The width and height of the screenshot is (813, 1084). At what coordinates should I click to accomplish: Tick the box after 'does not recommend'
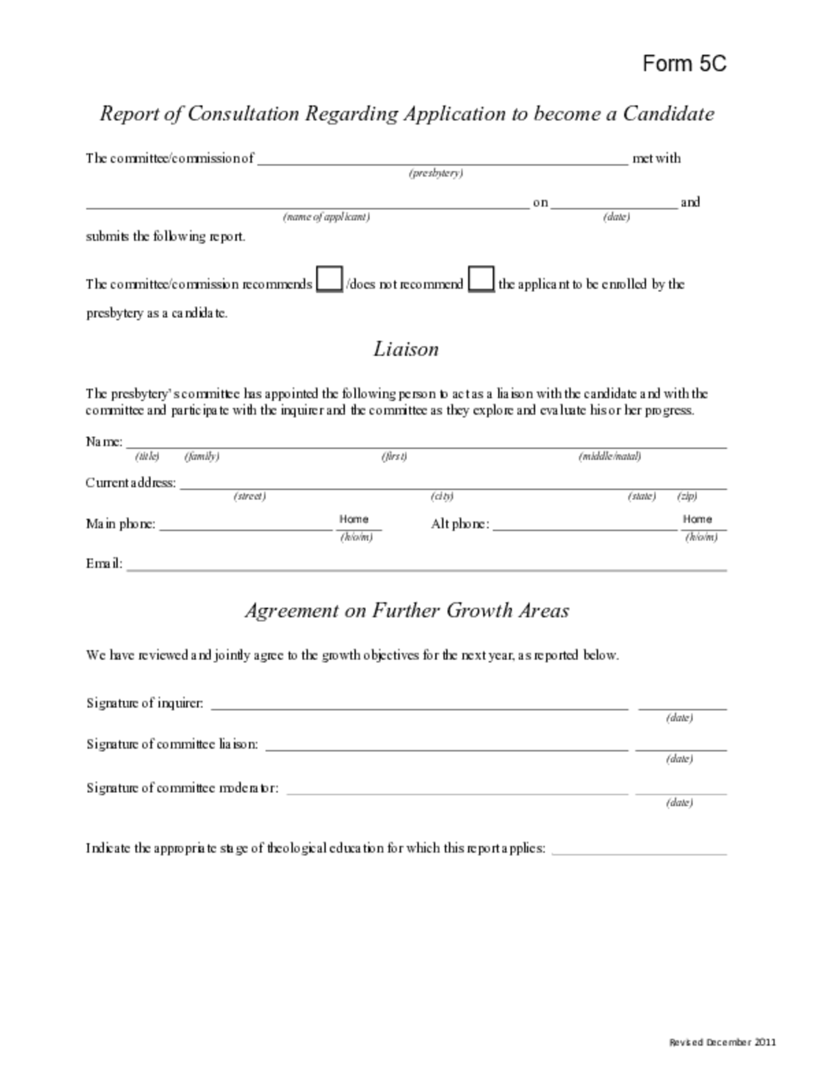[481, 280]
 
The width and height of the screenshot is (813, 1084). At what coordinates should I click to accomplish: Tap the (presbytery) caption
[436, 173]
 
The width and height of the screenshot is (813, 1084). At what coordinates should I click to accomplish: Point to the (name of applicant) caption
[326, 216]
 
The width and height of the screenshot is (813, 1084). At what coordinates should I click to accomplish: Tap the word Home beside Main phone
[353, 520]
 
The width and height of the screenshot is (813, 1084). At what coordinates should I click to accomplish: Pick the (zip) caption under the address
[687, 496]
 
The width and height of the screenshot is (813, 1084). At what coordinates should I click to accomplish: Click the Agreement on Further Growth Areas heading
[407, 611]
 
